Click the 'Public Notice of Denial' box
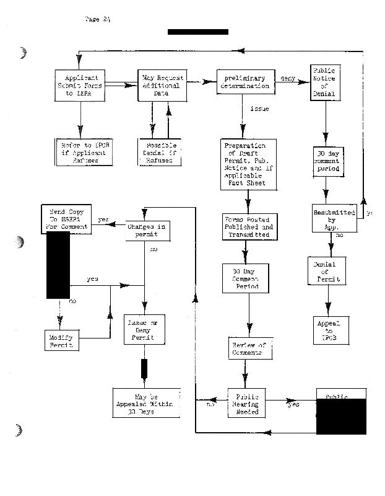324,83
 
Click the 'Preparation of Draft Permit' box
248,166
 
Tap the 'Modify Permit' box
63,340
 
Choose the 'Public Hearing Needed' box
246,404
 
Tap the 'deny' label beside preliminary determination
288,79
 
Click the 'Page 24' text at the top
97,19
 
